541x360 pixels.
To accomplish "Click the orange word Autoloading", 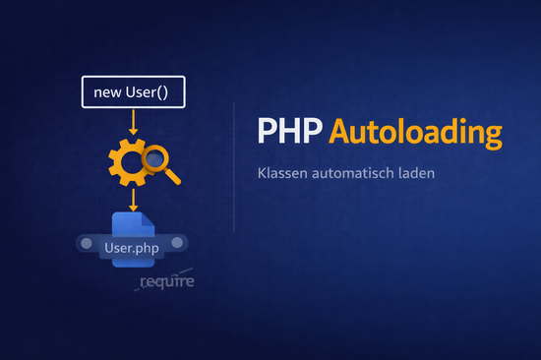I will coord(414,133).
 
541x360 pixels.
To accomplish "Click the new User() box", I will coord(132,92).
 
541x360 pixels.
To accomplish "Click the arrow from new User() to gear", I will coord(132,121).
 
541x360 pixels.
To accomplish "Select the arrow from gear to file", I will coord(132,200).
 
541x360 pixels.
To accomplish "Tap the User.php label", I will coord(132,247).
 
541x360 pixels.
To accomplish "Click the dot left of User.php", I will coord(86,243).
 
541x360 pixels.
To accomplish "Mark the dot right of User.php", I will coord(178,243).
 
